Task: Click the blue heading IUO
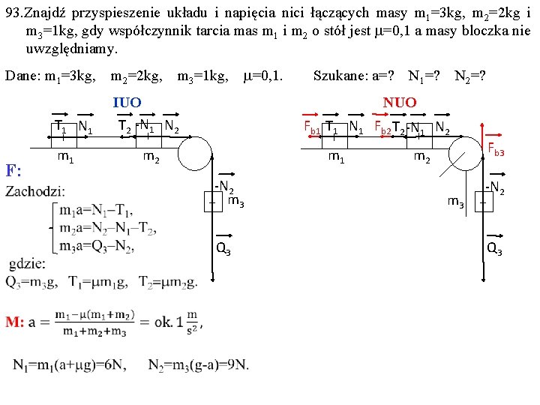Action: click(127, 103)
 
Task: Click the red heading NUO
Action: click(400, 103)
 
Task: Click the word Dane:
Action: click(22, 76)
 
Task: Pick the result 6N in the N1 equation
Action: click(118, 364)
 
